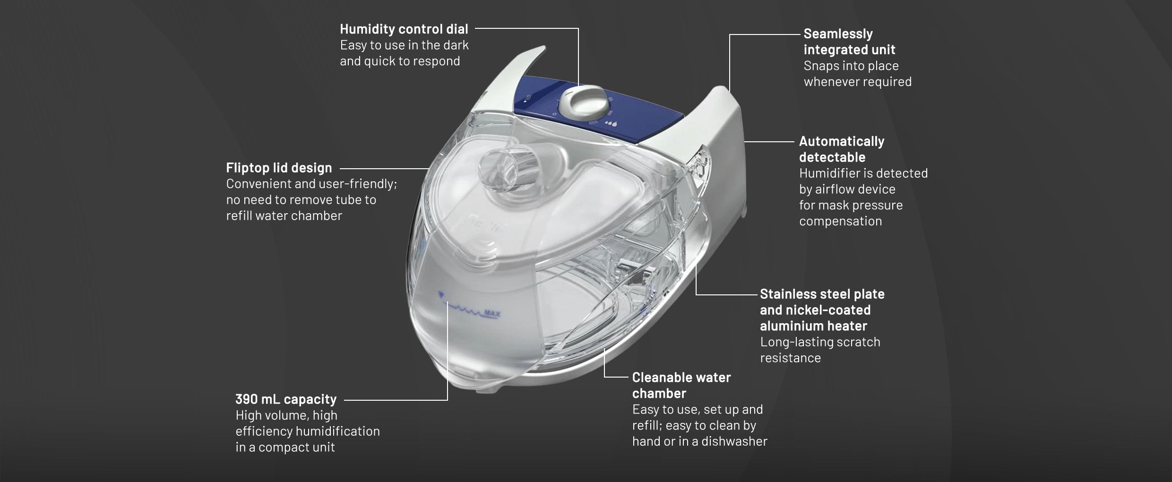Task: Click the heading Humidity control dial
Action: click(404, 29)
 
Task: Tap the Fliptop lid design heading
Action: click(279, 168)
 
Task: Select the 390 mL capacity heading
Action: click(286, 399)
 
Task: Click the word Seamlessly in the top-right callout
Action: click(838, 34)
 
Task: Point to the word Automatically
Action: click(842, 141)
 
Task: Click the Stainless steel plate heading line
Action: click(822, 294)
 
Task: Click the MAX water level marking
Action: click(492, 313)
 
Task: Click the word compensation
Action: click(840, 221)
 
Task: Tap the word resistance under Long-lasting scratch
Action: click(790, 358)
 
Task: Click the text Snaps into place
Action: click(845, 66)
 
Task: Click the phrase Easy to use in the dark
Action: click(404, 45)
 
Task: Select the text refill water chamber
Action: click(284, 215)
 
